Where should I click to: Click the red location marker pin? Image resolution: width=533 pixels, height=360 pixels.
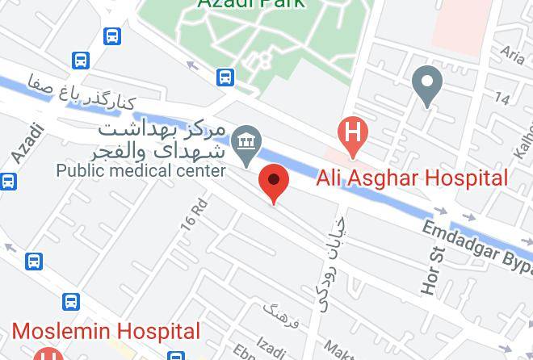pos(274,182)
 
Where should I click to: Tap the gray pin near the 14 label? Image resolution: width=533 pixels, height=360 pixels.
pos(426,85)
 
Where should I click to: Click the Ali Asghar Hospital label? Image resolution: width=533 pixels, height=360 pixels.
pos(412,178)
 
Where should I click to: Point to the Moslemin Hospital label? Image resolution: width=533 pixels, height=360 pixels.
pos(106,331)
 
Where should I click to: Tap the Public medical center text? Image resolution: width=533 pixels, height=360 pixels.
pos(141,170)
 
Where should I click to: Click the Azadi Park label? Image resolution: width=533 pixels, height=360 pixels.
pos(251,3)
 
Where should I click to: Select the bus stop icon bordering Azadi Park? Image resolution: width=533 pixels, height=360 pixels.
pos(225,77)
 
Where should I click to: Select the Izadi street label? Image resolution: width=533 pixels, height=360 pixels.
pos(271,348)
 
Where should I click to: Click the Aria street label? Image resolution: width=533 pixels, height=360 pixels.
pos(512,54)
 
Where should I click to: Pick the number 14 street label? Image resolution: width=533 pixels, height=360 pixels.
pos(502,98)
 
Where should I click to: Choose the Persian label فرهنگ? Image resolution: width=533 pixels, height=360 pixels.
pos(282,316)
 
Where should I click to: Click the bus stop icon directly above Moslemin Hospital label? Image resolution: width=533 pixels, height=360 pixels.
pos(71,302)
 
